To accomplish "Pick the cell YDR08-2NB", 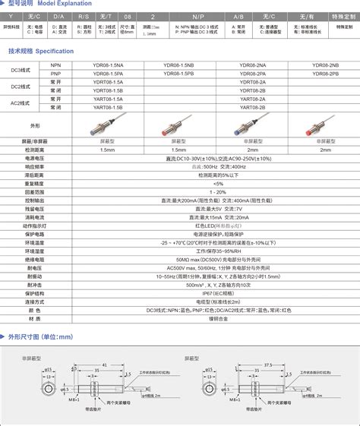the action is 325,66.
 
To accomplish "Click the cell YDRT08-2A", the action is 252,81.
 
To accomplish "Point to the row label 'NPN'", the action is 55,66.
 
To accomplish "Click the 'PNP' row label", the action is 55,74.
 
